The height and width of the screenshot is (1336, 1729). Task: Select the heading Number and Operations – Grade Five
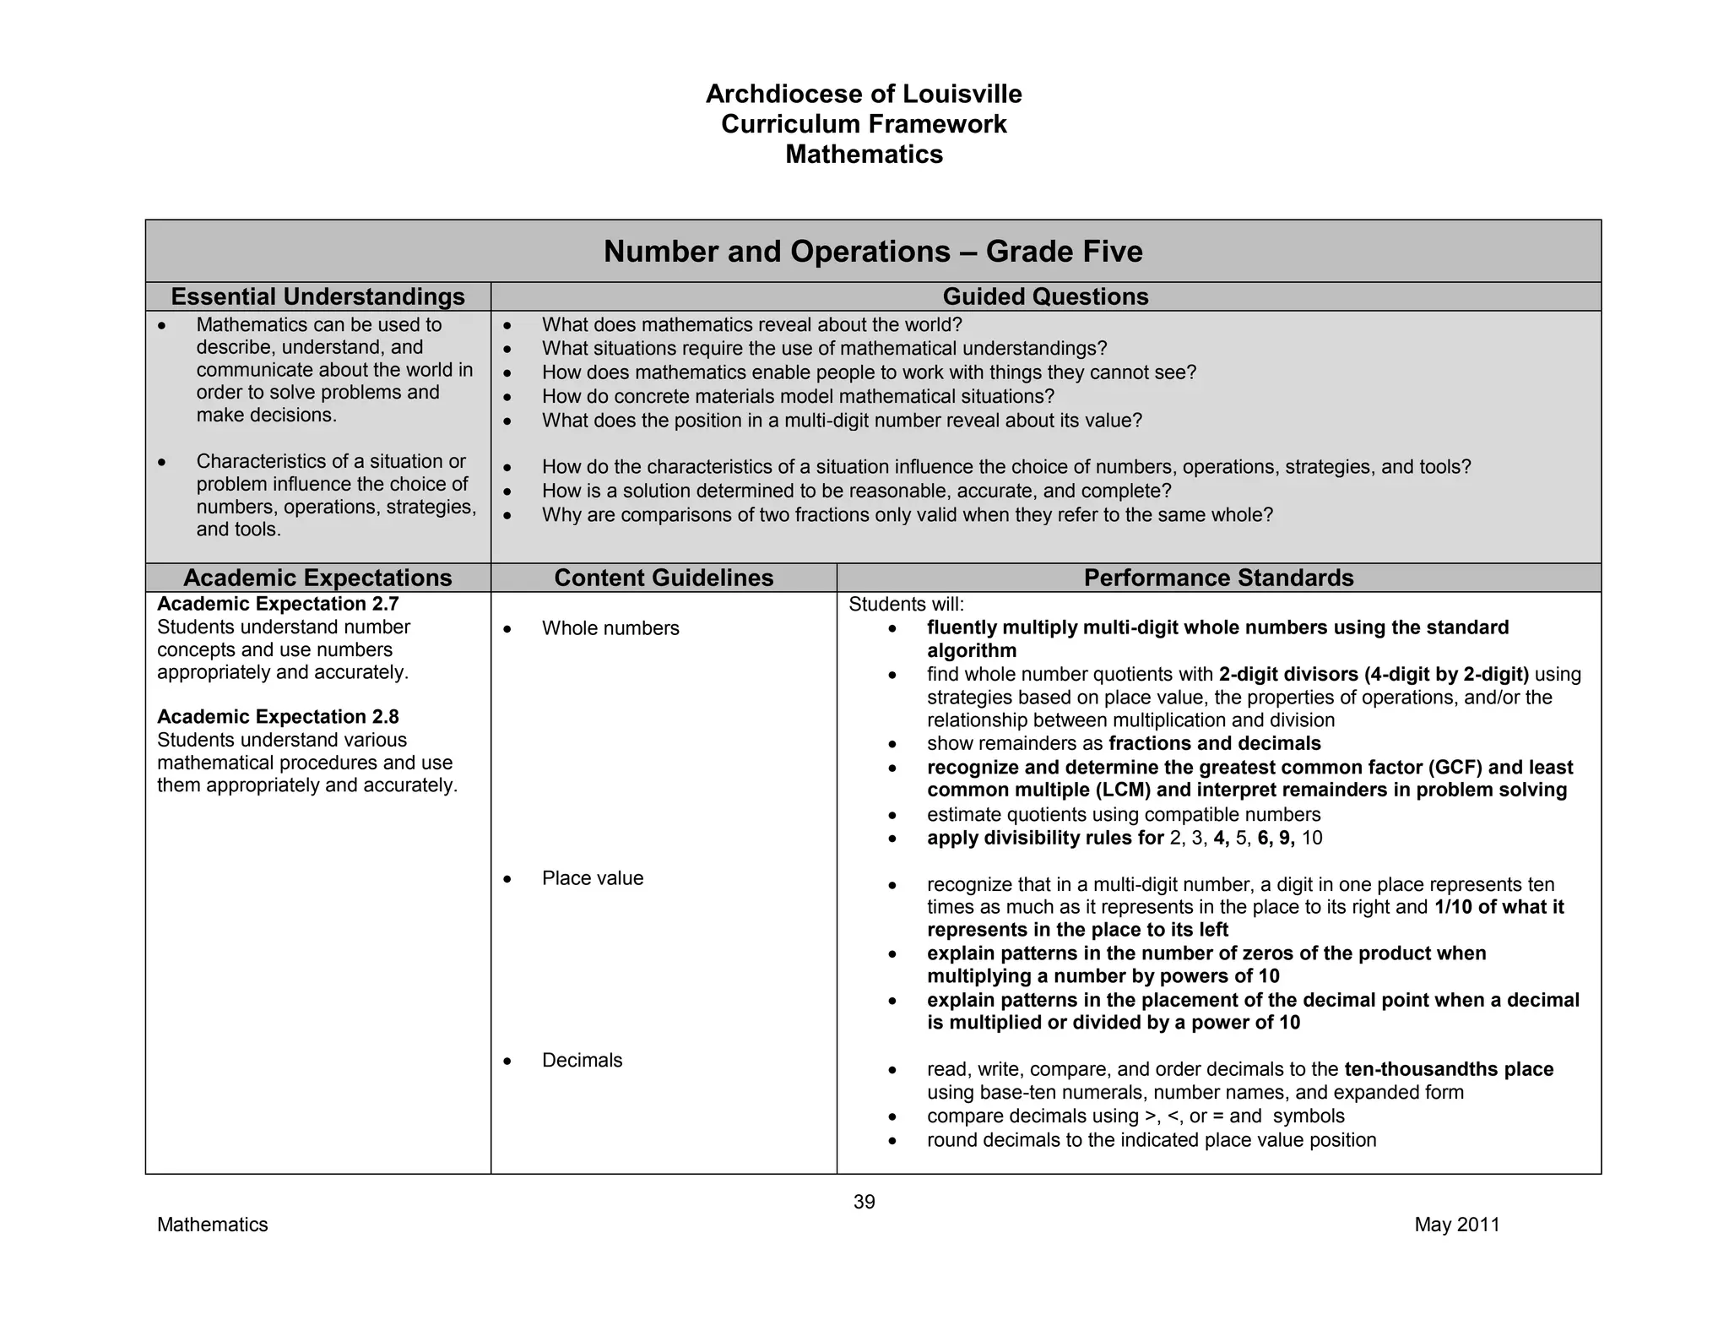click(873, 252)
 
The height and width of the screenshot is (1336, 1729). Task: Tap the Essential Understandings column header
click(317, 296)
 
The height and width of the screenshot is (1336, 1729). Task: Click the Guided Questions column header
click(1045, 296)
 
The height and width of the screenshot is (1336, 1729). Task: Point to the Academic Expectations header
click(317, 578)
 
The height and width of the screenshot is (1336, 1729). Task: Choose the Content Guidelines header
click(664, 578)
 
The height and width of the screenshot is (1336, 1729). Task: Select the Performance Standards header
click(1218, 578)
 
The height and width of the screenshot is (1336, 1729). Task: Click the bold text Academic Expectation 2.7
click(278, 604)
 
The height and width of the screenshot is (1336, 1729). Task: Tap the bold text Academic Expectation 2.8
click(278, 717)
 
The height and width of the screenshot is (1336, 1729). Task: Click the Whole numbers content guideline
click(610, 628)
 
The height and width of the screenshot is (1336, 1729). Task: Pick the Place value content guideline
click(592, 878)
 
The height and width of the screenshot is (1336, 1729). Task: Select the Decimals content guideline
click(582, 1061)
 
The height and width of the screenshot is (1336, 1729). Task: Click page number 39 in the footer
click(864, 1202)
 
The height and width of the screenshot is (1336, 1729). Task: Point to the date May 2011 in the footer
click(1457, 1225)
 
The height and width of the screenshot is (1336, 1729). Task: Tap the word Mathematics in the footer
click(212, 1225)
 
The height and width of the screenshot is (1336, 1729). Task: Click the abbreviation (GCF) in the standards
click(1455, 768)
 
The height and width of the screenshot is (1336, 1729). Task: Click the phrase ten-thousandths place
click(1449, 1069)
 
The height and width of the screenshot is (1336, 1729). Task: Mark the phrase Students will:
click(906, 605)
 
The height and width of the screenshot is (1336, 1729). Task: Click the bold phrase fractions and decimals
click(1214, 744)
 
